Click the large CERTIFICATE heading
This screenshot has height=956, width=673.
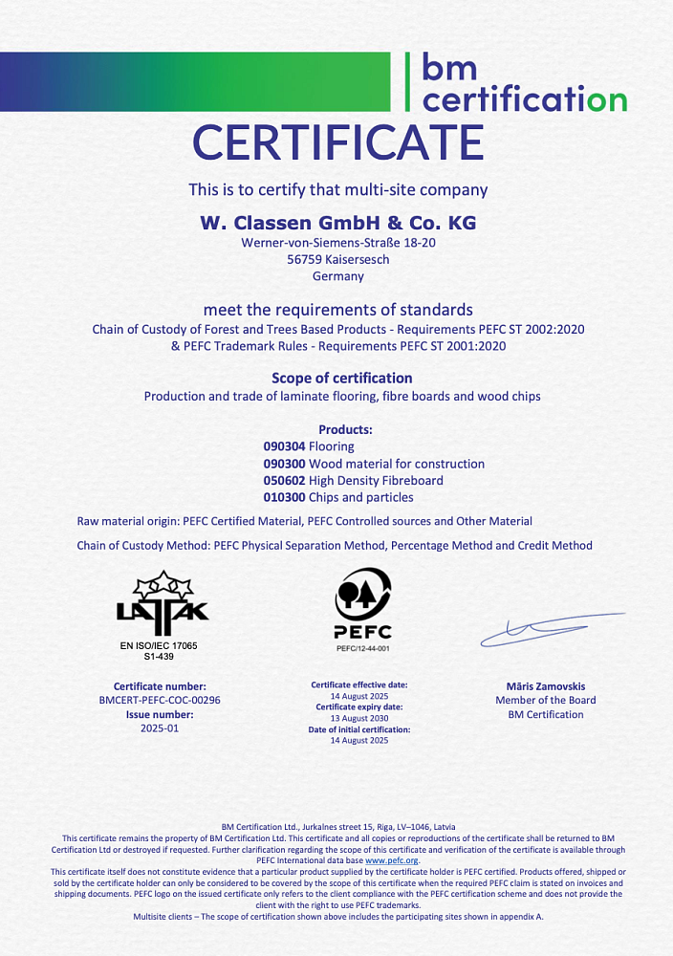(338, 142)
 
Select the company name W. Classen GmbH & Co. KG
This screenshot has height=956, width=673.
(337, 223)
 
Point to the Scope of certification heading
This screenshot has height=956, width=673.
(342, 378)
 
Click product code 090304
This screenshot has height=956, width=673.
(284, 446)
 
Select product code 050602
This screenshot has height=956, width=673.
(284, 480)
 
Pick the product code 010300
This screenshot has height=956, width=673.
(284, 497)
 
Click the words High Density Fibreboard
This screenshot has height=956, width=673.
(377, 480)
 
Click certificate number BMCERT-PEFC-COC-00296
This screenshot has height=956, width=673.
(160, 701)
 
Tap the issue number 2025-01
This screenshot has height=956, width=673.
(160, 728)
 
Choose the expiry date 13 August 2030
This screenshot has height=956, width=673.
(359, 718)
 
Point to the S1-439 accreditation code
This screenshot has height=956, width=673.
(159, 657)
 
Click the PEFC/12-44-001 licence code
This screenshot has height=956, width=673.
(362, 649)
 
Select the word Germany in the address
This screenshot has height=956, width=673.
(338, 276)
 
